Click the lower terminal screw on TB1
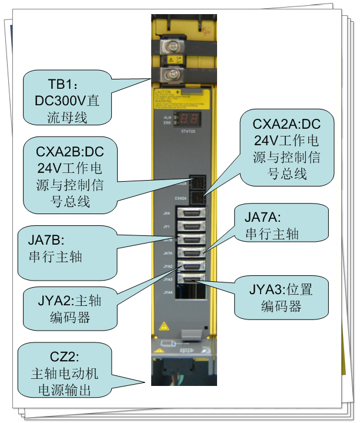(175, 74)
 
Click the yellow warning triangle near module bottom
(164, 325)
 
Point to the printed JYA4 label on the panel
(168, 292)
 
